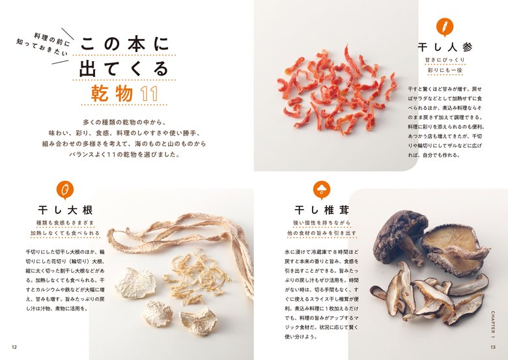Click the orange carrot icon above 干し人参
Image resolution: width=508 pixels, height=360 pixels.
(x=445, y=27)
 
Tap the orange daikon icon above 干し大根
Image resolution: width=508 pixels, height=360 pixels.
(x=65, y=189)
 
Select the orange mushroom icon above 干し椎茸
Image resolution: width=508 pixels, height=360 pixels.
(x=321, y=189)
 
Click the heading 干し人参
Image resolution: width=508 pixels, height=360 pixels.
(x=445, y=48)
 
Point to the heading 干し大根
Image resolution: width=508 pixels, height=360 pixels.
(x=65, y=210)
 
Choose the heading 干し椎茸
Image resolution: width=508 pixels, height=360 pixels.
(x=322, y=210)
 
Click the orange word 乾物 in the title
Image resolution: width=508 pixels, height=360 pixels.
(x=112, y=93)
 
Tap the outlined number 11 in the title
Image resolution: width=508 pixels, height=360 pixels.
(x=149, y=94)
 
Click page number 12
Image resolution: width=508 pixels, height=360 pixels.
(x=14, y=347)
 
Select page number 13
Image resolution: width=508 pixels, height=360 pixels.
(x=493, y=347)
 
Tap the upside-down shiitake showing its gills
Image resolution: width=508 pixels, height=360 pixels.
(x=455, y=249)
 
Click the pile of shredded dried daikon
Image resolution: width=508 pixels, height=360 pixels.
(x=196, y=276)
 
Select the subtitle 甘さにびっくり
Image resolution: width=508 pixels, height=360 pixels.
(x=445, y=60)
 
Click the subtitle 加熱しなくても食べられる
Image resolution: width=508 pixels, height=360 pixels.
(x=65, y=233)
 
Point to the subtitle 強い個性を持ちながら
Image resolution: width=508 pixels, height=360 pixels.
(x=322, y=223)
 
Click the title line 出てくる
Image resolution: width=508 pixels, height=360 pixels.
(x=124, y=68)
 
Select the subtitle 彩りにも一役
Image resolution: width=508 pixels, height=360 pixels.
(x=445, y=70)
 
